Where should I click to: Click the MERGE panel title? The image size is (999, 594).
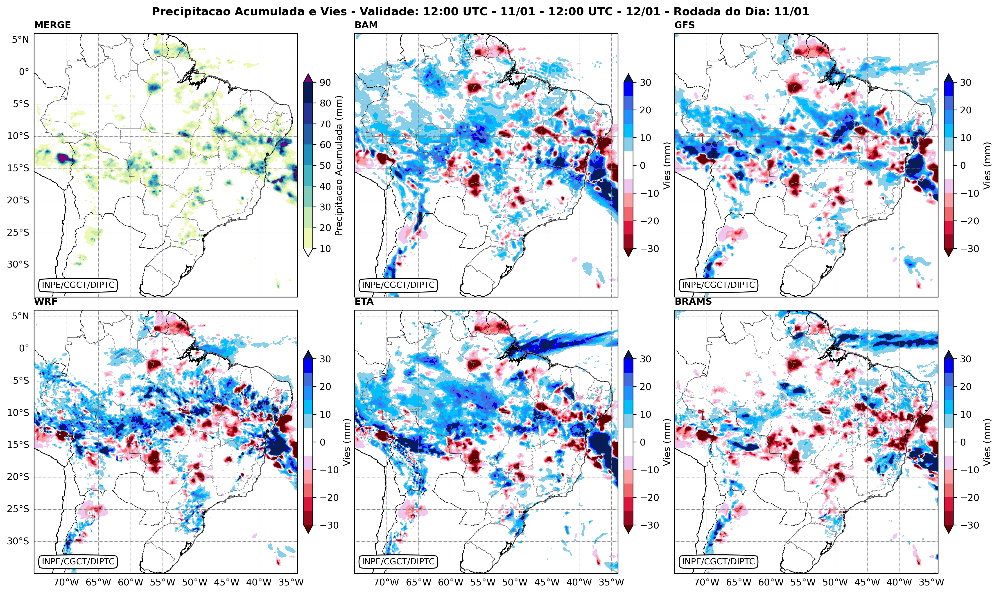[x=52, y=25]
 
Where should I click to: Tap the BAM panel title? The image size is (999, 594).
[x=366, y=25]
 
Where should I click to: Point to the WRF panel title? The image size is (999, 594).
[x=46, y=302]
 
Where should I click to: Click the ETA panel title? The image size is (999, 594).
[x=364, y=302]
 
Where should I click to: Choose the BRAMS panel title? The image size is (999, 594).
[x=693, y=302]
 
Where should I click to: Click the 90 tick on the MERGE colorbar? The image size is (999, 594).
[x=325, y=82]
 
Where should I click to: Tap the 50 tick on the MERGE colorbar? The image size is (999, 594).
[x=325, y=165]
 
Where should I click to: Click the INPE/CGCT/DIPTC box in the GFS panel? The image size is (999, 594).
[x=718, y=285]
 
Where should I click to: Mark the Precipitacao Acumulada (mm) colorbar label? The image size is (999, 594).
[x=339, y=165]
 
